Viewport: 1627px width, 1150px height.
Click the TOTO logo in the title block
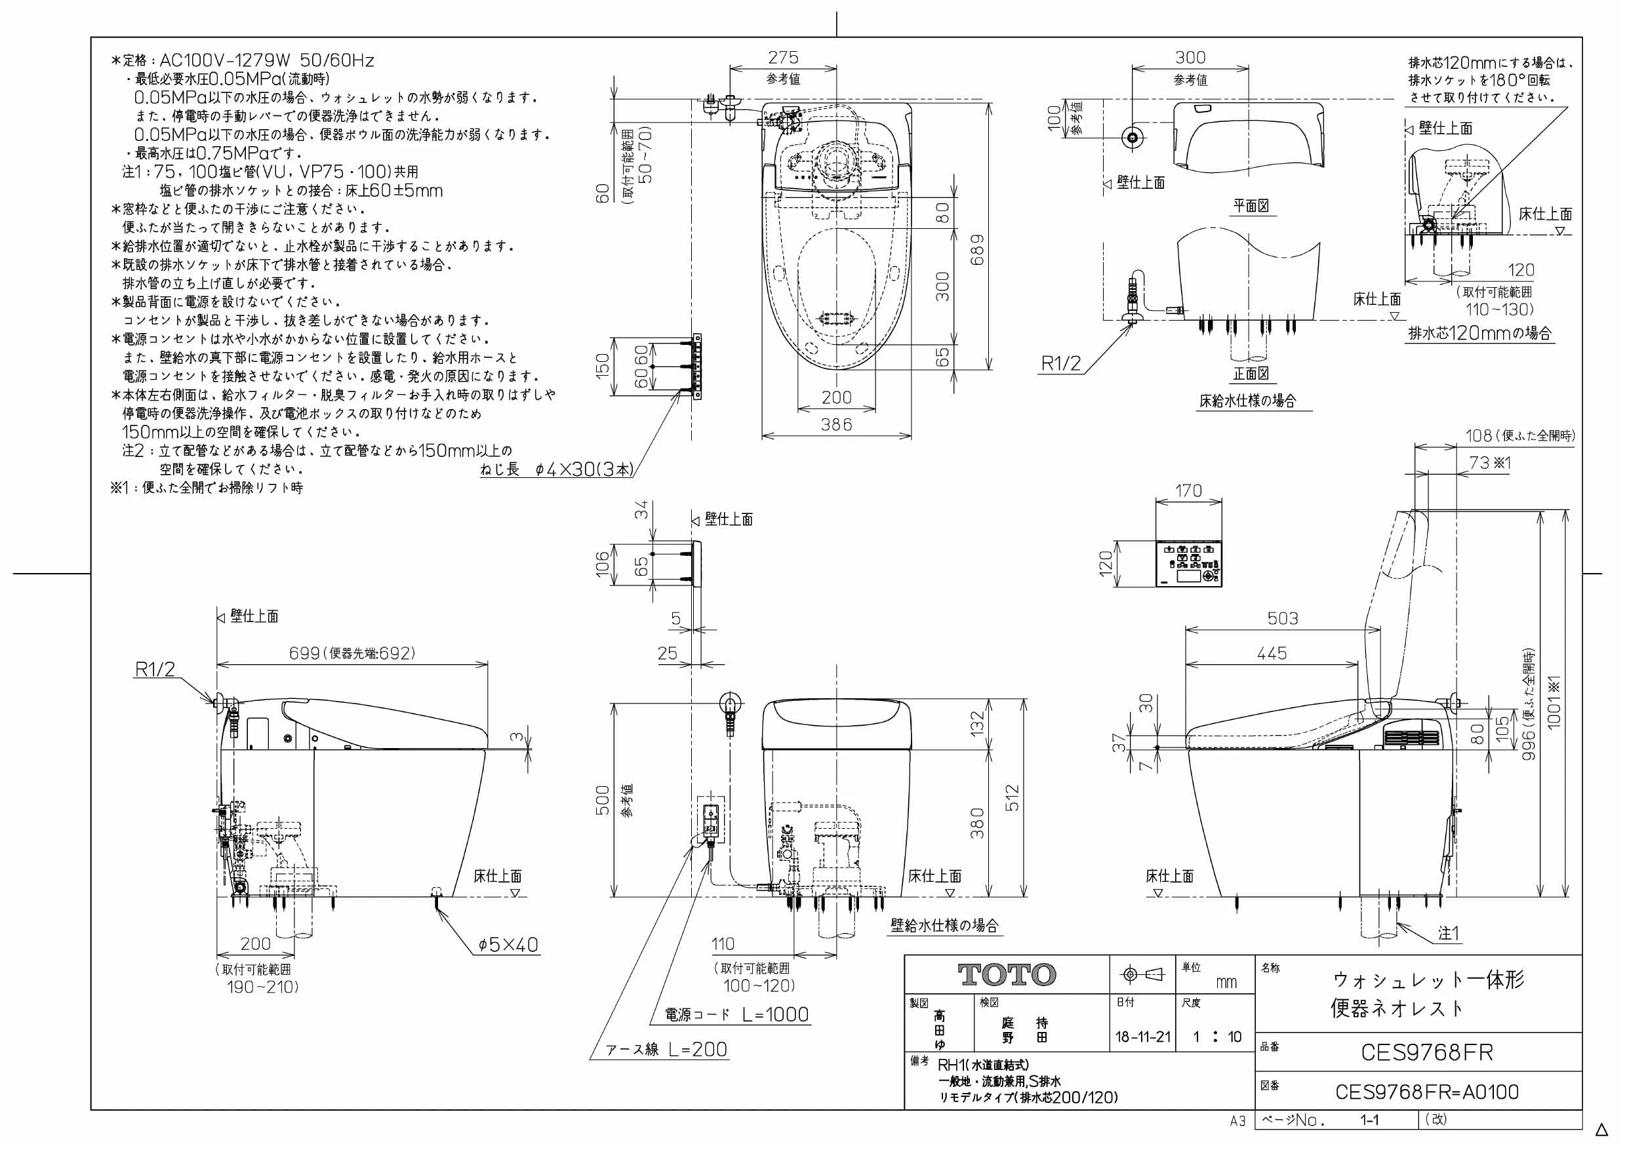coord(1007,975)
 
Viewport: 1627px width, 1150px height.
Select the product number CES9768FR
coord(1426,1053)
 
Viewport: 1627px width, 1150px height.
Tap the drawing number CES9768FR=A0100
coord(1426,1092)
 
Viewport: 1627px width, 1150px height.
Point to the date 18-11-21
coord(1143,1037)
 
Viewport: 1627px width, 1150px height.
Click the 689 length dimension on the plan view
coord(977,250)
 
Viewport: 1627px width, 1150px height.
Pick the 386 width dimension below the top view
coord(836,424)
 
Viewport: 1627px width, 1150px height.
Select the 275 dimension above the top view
coord(783,58)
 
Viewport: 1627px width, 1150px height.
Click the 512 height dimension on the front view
coord(1012,797)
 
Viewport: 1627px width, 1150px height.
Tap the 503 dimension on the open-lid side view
coord(1283,618)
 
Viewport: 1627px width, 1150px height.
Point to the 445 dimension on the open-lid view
coord(1272,653)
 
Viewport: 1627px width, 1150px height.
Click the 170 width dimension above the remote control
coord(1188,490)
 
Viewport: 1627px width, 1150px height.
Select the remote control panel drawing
coord(1189,565)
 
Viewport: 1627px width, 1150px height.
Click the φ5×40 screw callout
coord(508,945)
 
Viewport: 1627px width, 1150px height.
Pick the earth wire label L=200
coord(698,1050)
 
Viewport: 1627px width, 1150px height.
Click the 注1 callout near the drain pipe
coord(1449,934)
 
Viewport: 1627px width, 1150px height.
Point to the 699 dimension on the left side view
coord(305,652)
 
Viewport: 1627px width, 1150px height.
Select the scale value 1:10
coord(1216,1037)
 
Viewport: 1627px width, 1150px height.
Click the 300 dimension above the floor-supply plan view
coord(1190,58)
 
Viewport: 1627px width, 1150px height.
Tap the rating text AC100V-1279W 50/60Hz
coord(266,60)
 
